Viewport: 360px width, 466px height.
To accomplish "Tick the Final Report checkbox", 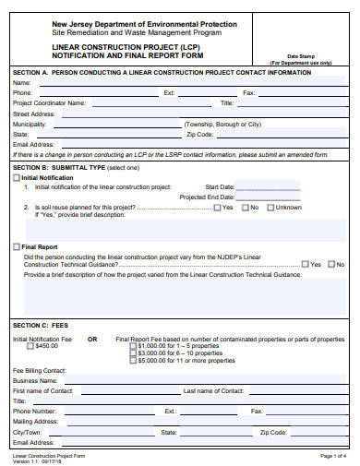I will click(x=17, y=246).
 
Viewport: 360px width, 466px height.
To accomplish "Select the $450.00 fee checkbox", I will click(x=31, y=346).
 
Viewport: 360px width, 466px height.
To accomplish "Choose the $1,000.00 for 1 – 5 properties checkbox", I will click(x=132, y=346).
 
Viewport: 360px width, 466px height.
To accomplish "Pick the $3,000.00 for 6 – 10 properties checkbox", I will click(x=132, y=353).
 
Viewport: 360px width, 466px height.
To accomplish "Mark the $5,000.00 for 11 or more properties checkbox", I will click(x=132, y=361).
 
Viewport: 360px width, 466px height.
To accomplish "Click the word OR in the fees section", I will click(x=92, y=339).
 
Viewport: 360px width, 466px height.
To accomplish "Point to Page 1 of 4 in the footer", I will click(x=332, y=456).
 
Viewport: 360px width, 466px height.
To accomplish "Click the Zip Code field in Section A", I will click(x=300, y=134).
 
